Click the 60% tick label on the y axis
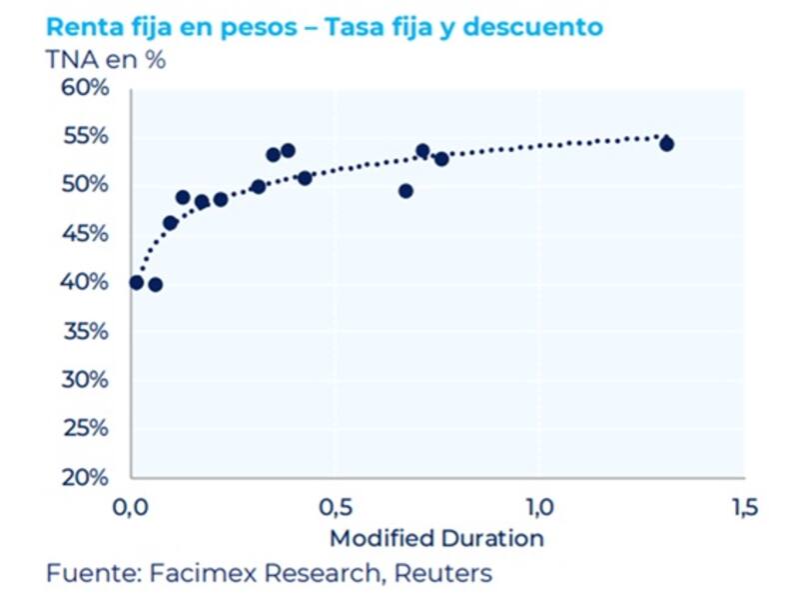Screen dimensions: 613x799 tap(84, 89)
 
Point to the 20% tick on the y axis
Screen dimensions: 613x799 tap(84, 477)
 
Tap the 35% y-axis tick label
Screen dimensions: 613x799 tap(84, 331)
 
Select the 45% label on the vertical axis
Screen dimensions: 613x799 tap(84, 234)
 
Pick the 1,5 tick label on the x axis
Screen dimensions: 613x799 tap(742, 506)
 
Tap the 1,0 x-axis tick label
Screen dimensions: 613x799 tap(539, 506)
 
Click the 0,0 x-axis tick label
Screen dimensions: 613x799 tap(131, 506)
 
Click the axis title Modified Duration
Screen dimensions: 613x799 tap(436, 538)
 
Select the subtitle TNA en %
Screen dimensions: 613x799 tap(105, 59)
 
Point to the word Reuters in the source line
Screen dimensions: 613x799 tap(442, 574)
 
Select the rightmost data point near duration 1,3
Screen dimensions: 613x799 tap(666, 144)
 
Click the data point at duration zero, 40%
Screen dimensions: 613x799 tap(137, 282)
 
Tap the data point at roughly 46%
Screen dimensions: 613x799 tap(170, 223)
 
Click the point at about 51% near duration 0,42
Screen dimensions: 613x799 tap(305, 178)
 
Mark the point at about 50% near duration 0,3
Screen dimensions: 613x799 tap(259, 187)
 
